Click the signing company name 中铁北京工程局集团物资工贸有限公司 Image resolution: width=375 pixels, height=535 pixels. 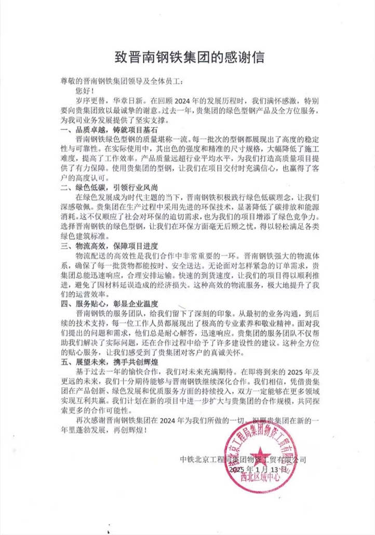243,460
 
